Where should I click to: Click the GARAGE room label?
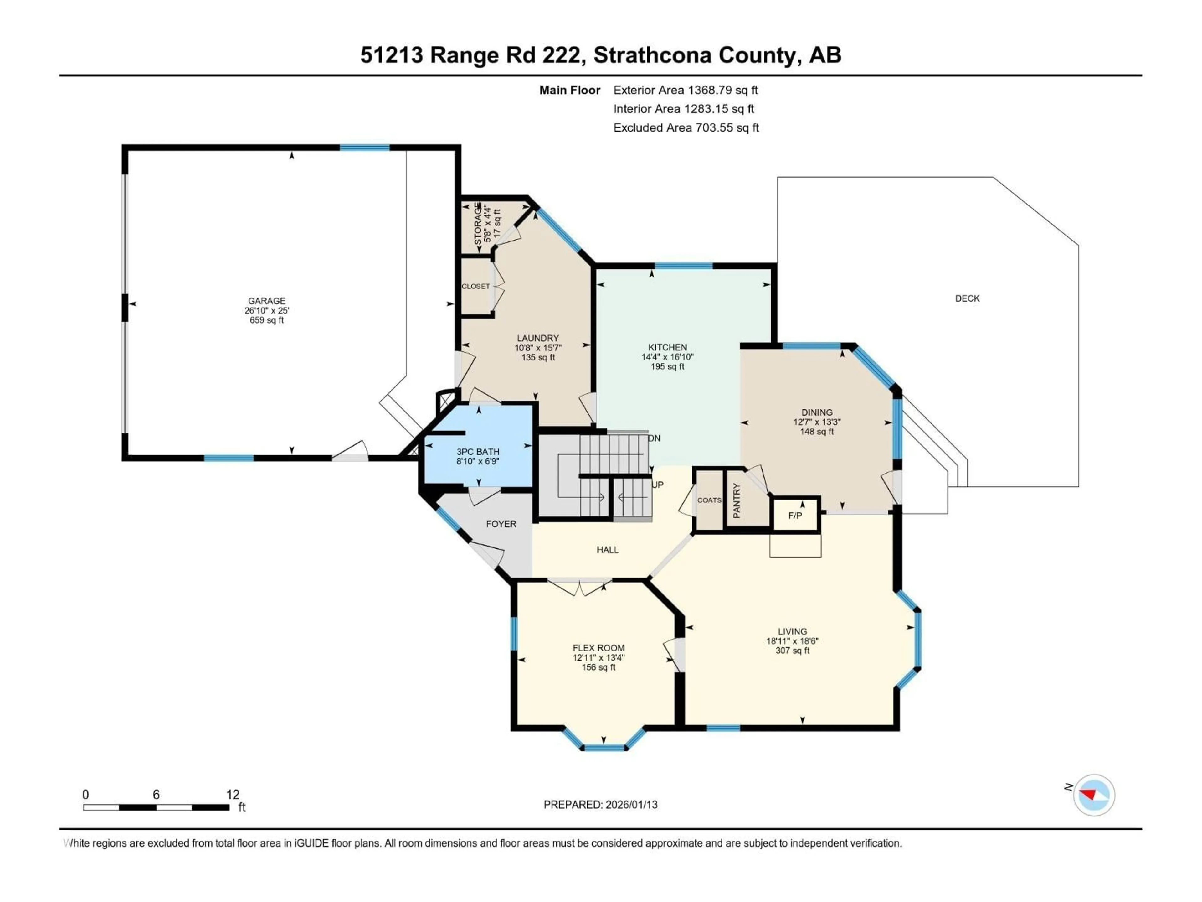coord(266,301)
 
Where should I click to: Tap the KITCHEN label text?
coord(667,347)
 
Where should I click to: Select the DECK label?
coord(967,298)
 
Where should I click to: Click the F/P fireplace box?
coord(795,515)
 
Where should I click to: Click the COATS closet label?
coord(709,500)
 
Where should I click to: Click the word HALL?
coord(608,550)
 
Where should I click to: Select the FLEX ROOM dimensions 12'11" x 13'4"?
coord(598,657)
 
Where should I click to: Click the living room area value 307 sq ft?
coord(792,650)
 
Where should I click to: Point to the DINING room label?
coord(817,412)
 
